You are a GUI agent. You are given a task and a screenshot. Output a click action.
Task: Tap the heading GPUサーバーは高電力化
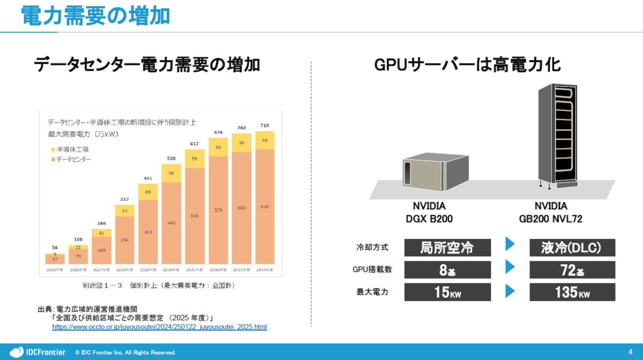(467, 65)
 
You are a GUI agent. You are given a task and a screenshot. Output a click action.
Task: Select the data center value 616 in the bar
(265, 207)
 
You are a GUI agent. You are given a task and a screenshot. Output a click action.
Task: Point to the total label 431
(147, 178)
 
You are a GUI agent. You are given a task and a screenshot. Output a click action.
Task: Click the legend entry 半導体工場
(72, 149)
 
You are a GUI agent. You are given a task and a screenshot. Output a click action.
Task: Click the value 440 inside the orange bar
(171, 223)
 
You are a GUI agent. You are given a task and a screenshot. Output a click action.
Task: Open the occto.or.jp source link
(159, 327)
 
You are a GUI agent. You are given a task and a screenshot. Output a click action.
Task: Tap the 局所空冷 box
(447, 247)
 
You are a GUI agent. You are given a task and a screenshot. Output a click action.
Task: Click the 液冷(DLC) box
(572, 247)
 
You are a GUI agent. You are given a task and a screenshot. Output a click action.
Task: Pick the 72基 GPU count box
(572, 270)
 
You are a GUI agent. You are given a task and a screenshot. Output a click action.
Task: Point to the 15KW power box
(447, 292)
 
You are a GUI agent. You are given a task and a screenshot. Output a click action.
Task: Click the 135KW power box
(572, 292)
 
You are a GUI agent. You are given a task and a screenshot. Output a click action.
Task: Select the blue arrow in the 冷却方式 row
(510, 245)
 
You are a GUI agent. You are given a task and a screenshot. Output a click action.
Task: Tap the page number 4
(630, 351)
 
